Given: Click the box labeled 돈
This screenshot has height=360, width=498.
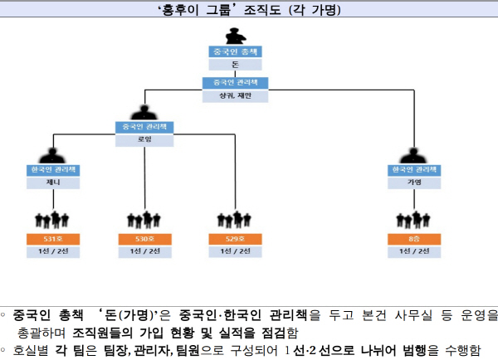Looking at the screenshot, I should (235, 64).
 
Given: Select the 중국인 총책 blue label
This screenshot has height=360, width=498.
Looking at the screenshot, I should (235, 51).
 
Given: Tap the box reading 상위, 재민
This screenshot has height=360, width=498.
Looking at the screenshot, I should (235, 95).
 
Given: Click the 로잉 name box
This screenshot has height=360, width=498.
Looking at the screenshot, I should (145, 139).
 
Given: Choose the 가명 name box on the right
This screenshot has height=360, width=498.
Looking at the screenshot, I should (414, 182).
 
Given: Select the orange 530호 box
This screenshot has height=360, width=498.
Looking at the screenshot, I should (145, 239).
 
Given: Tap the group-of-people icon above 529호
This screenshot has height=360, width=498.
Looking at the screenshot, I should (235, 221).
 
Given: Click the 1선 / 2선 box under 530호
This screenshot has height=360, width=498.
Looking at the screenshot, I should (145, 251).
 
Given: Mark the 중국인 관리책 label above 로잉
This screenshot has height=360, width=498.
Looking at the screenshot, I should (145, 127).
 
